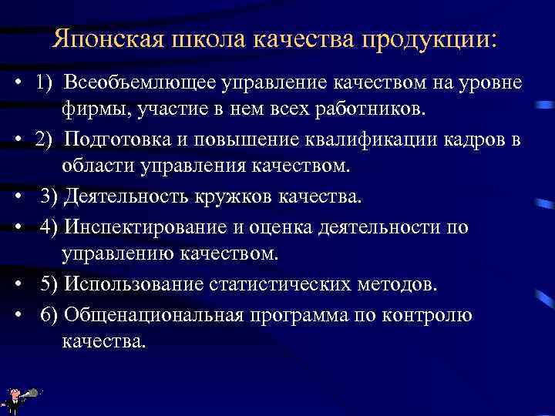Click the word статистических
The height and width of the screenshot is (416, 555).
288,284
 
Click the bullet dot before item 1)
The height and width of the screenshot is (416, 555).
16,83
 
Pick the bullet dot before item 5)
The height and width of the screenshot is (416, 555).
16,285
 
